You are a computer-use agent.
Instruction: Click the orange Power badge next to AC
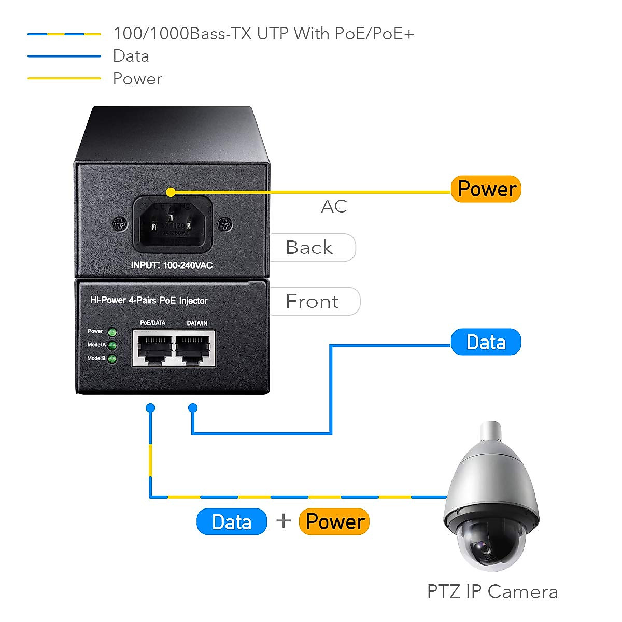[x=486, y=189]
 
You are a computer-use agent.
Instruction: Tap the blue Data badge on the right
[x=486, y=342]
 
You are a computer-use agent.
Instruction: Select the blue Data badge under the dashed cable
[x=232, y=521]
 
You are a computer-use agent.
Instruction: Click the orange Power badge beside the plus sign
[x=335, y=521]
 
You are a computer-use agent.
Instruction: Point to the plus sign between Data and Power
[x=284, y=520]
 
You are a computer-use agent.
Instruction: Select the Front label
[x=313, y=301]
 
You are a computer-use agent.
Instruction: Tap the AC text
[x=334, y=206]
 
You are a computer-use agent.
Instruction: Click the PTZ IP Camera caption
[x=492, y=591]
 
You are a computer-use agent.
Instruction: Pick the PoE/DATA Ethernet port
[x=153, y=348]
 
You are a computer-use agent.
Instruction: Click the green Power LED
[x=112, y=332]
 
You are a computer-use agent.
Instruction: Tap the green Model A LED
[x=112, y=346]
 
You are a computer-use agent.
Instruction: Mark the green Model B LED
[x=112, y=359]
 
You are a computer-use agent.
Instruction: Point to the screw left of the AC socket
[x=120, y=224]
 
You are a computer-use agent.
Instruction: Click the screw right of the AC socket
[x=225, y=224]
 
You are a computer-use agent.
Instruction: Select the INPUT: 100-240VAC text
[x=172, y=265]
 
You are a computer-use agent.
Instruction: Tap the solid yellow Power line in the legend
[x=64, y=78]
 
